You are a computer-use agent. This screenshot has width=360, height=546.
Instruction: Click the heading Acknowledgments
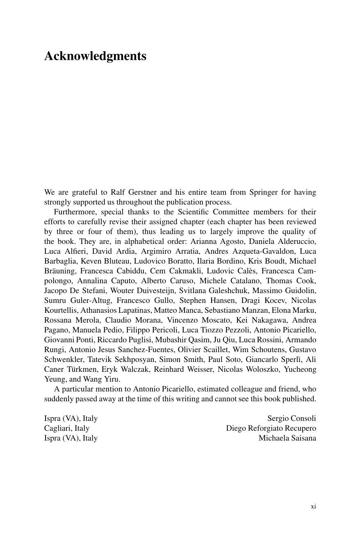[95, 56]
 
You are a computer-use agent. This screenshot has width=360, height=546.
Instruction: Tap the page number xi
[313, 506]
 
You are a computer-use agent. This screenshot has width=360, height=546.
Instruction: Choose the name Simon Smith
[181, 359]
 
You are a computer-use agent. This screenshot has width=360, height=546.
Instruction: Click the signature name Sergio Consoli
[292, 419]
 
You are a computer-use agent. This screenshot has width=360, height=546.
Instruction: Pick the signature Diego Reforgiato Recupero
[271, 428]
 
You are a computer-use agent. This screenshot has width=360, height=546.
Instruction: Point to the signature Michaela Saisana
[287, 438]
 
